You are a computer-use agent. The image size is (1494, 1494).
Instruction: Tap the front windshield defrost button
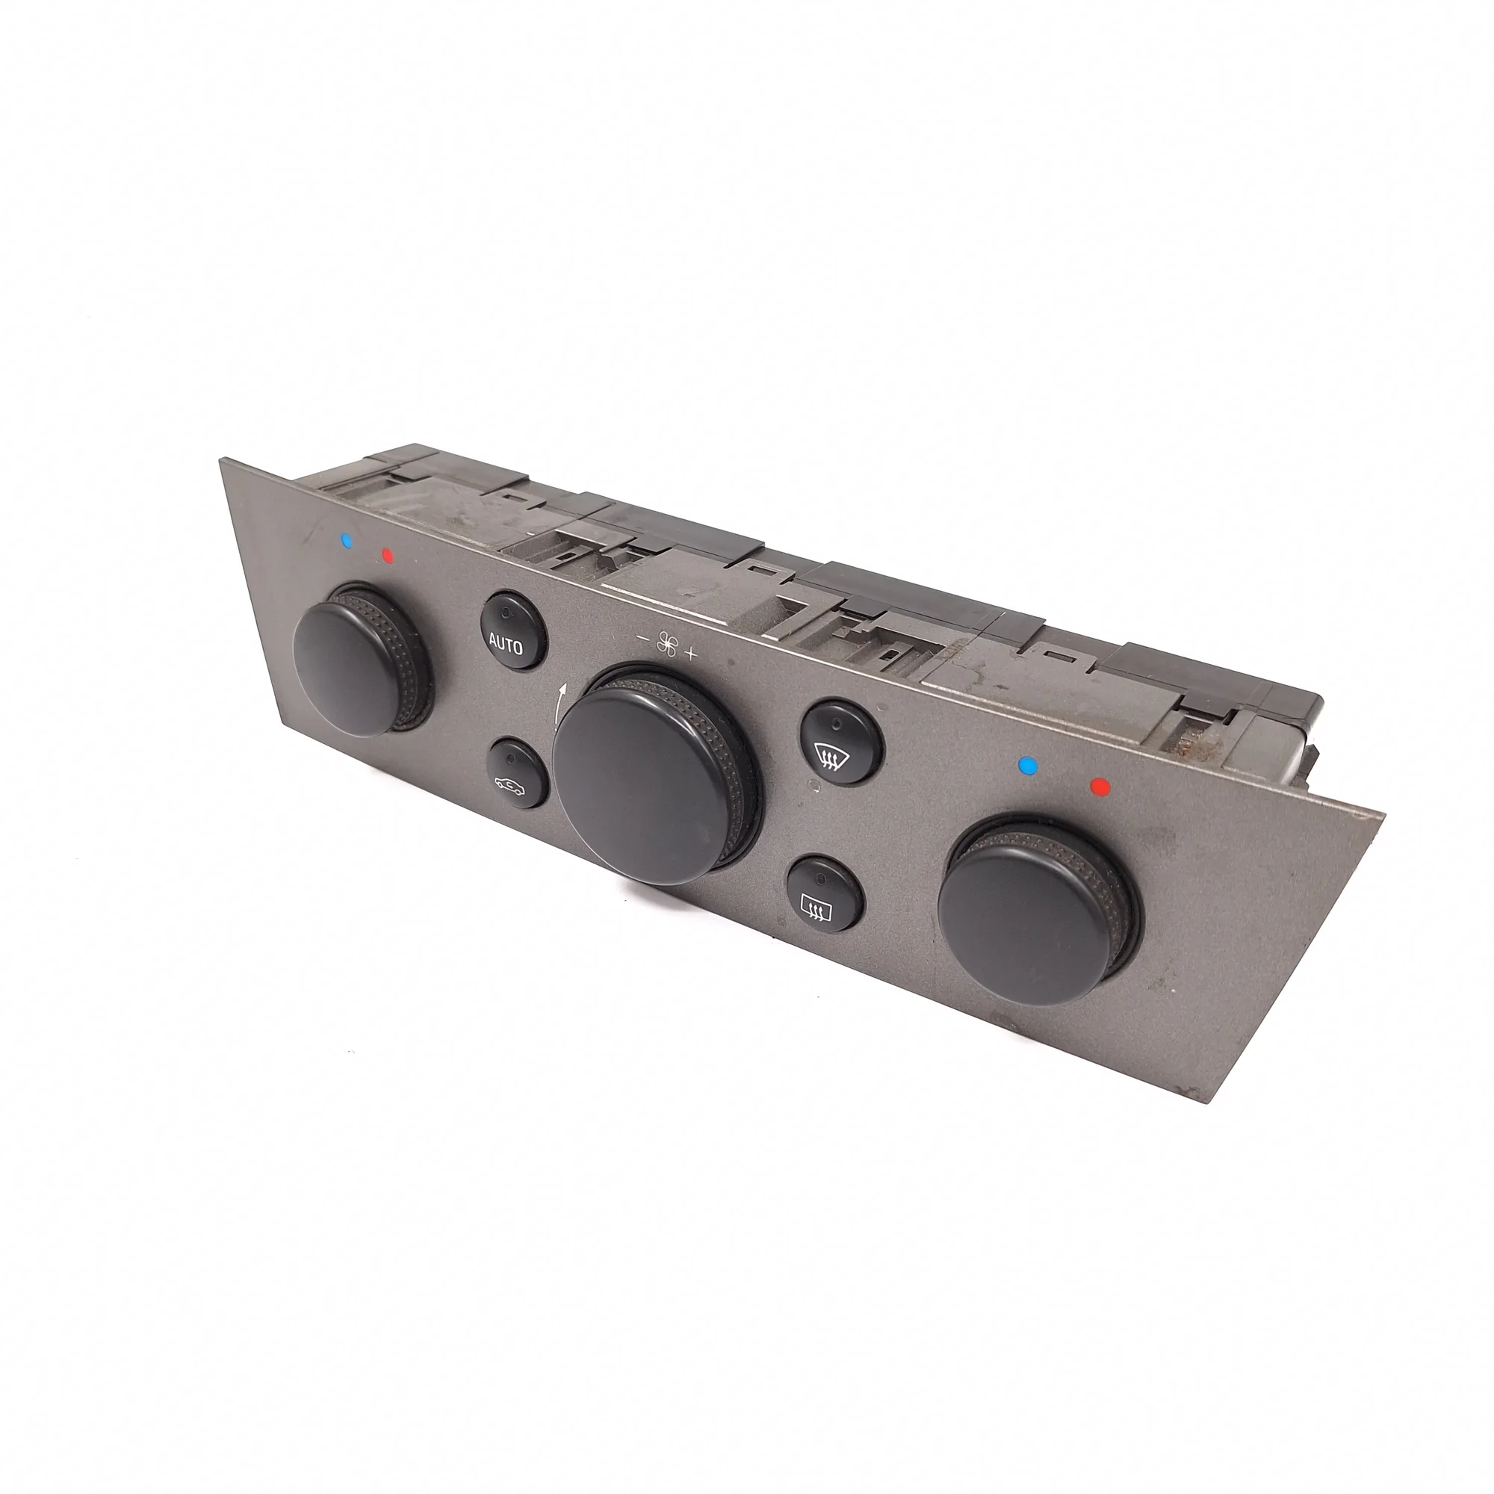840,742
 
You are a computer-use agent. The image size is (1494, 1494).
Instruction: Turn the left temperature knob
362,659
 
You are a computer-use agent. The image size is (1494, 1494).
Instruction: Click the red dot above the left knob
388,554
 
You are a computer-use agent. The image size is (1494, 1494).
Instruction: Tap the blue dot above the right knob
1028,766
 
